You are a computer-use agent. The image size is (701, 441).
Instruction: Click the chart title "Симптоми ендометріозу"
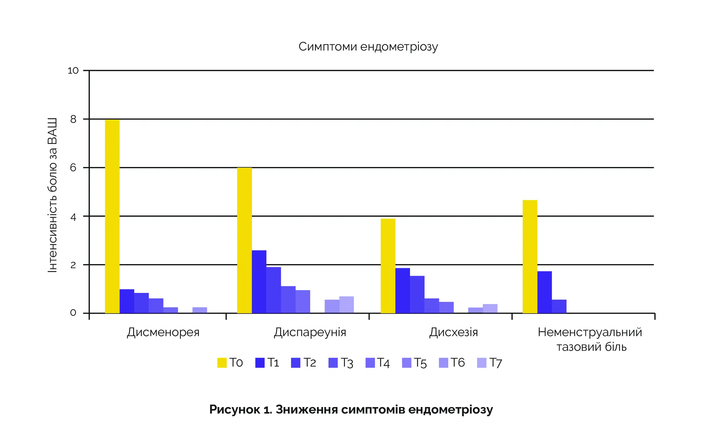368,46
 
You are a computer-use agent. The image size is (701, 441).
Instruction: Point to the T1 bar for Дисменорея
127,301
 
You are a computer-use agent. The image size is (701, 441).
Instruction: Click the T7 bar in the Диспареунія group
346,305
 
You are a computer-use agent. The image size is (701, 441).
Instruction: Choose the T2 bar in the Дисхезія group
417,294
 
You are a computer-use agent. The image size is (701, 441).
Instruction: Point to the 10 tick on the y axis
73,71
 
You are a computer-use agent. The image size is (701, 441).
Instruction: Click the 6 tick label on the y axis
73,168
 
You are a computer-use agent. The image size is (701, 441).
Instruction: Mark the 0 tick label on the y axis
73,313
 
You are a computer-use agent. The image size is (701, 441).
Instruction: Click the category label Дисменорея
163,332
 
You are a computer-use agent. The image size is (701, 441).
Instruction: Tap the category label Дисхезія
453,332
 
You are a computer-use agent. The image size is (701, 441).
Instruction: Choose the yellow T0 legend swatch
222,363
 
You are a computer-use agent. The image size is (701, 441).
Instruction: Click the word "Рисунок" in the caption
235,409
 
